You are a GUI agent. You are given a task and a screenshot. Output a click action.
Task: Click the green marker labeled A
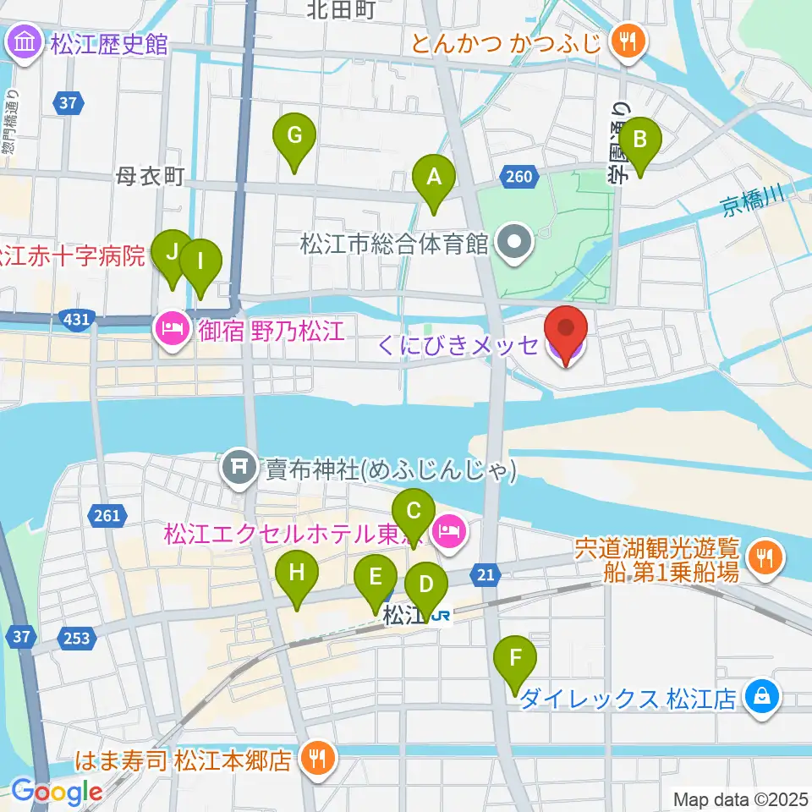coord(434,178)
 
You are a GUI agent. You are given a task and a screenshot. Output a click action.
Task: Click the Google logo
coord(56,792)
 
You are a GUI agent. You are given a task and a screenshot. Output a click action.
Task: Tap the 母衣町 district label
coord(150,176)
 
